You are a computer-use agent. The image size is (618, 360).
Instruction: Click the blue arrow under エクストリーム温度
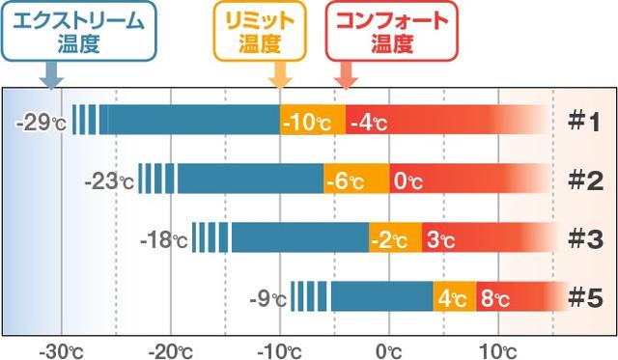(x=51, y=73)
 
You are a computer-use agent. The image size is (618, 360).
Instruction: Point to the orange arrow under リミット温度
(x=280, y=73)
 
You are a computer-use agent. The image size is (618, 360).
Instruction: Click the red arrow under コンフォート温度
(x=345, y=73)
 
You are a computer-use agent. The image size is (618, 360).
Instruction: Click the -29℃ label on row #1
(x=43, y=123)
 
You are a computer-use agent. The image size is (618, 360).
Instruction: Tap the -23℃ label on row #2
(x=108, y=180)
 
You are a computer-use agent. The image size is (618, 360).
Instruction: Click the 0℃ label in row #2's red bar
(x=406, y=180)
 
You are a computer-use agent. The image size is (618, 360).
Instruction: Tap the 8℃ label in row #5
(x=493, y=298)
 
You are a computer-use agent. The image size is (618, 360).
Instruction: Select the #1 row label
(x=583, y=122)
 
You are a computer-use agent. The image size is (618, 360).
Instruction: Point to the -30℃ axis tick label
(x=61, y=348)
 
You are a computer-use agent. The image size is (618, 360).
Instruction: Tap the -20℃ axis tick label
(x=170, y=348)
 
